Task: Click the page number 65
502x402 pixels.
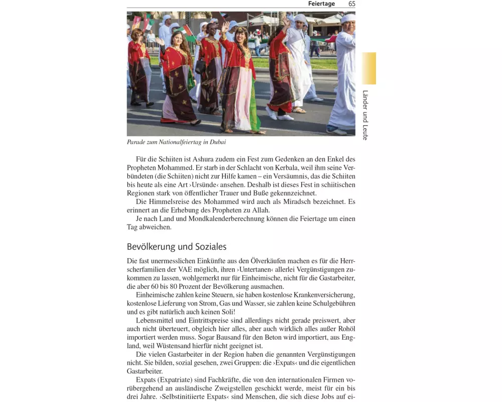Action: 351,4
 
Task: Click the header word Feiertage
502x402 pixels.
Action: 321,4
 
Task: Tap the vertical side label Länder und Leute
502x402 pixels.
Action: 365,115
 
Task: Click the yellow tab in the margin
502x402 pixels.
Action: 369,68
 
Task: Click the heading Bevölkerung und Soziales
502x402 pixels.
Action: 176,247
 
